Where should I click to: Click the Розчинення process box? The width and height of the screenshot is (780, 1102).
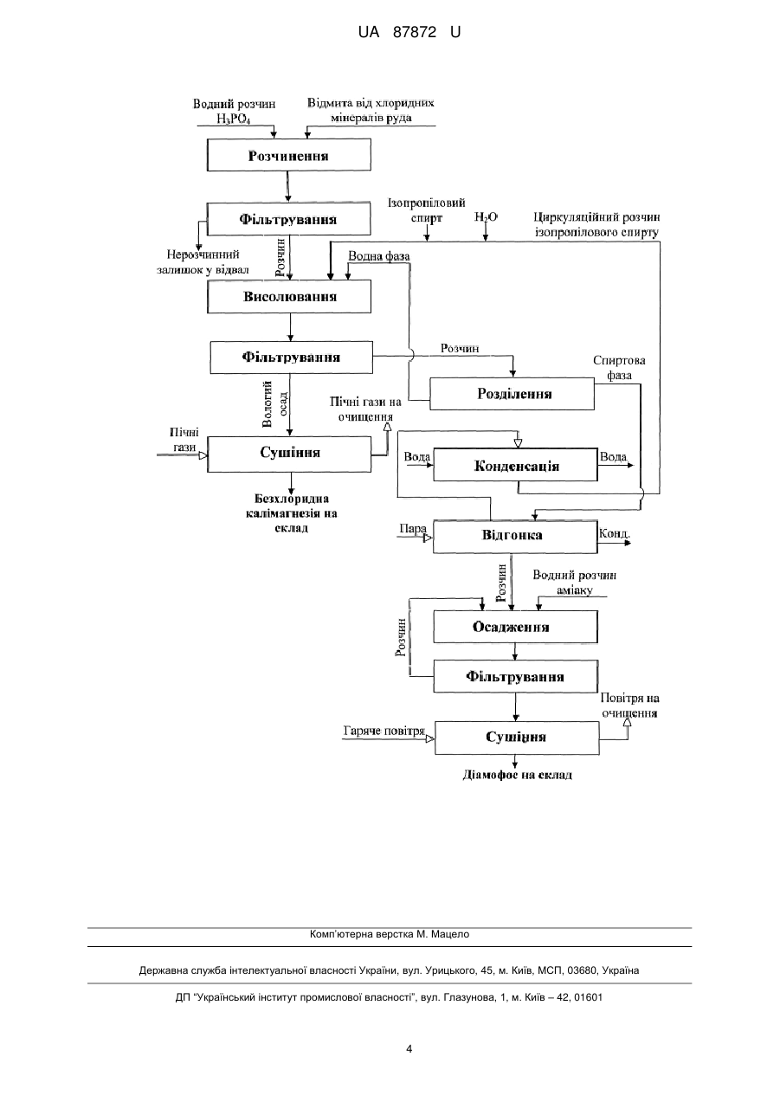point(289,155)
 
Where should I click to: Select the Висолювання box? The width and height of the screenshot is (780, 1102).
point(289,297)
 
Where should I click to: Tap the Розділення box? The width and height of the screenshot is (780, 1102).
point(512,394)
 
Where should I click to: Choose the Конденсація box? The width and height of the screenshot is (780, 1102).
point(516,465)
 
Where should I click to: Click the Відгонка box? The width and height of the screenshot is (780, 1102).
point(515,536)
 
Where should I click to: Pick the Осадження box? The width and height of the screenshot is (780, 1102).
point(515,627)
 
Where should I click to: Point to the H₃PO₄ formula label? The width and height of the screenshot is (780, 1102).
point(234,119)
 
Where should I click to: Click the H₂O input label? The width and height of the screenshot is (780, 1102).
point(486,217)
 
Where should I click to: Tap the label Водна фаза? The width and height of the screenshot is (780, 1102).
point(379,256)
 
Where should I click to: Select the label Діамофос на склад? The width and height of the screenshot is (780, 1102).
point(517,775)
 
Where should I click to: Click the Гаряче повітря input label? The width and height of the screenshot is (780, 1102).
point(384,731)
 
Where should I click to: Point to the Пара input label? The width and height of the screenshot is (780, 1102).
point(413,529)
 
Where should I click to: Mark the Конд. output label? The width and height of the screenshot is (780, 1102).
point(615,534)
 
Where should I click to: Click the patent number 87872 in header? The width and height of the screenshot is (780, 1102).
point(415,33)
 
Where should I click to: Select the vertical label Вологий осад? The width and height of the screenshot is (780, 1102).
point(274,403)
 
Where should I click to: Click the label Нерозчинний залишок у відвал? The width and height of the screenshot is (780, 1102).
point(203,262)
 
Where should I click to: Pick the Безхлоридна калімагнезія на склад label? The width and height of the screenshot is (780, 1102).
point(291,513)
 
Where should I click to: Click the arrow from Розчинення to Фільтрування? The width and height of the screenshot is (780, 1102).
point(288,186)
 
